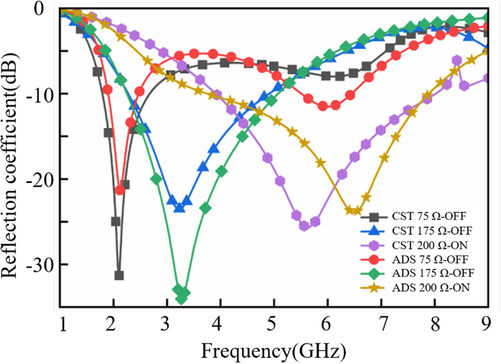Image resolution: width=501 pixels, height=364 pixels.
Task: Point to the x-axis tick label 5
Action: (x=273, y=325)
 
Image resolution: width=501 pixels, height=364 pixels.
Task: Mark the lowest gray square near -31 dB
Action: (x=119, y=276)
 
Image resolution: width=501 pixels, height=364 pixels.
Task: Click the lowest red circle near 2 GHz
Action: (x=120, y=190)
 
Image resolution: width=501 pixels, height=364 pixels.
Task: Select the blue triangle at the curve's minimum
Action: (x=180, y=207)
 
